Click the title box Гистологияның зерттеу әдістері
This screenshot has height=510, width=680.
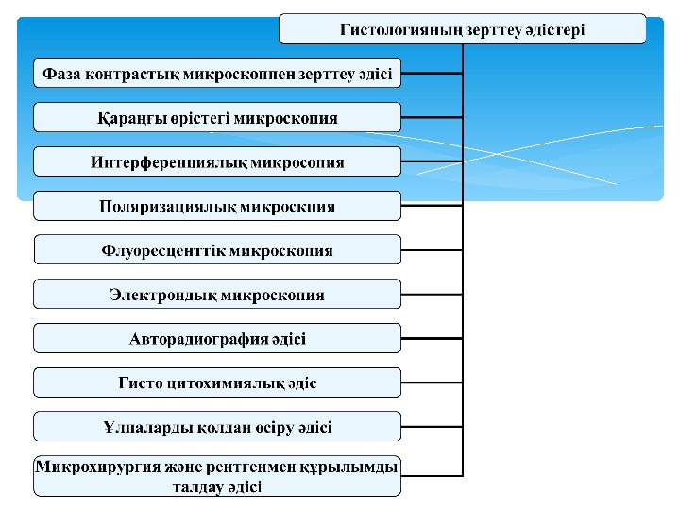click(x=463, y=29)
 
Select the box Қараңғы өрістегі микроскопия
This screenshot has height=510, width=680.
click(x=217, y=118)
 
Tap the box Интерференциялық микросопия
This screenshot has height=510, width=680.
click(x=217, y=162)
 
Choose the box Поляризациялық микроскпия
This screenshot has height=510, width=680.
click(x=217, y=206)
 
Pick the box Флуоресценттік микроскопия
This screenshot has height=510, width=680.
click(x=217, y=250)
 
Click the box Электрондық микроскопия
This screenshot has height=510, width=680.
click(x=217, y=295)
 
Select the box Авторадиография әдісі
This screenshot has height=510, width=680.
click(x=217, y=338)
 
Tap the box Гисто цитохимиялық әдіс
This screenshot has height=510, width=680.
click(x=217, y=382)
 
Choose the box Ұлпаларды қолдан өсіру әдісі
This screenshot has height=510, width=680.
click(x=217, y=427)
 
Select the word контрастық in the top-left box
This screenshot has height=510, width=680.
click(x=134, y=74)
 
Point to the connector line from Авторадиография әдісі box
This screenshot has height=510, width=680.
click(x=432, y=338)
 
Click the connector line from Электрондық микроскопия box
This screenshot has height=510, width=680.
click(x=432, y=295)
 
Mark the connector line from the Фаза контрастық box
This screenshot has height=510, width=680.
click(x=432, y=74)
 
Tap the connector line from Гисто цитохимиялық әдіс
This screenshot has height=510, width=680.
click(x=432, y=382)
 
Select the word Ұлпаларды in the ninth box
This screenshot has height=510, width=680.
click(x=146, y=427)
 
